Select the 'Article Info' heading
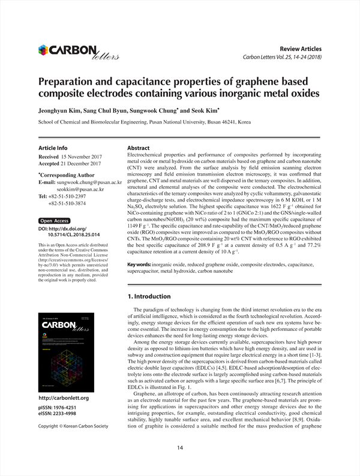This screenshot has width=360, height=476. coord(53,147)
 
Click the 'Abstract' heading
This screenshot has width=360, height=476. coord(139,147)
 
